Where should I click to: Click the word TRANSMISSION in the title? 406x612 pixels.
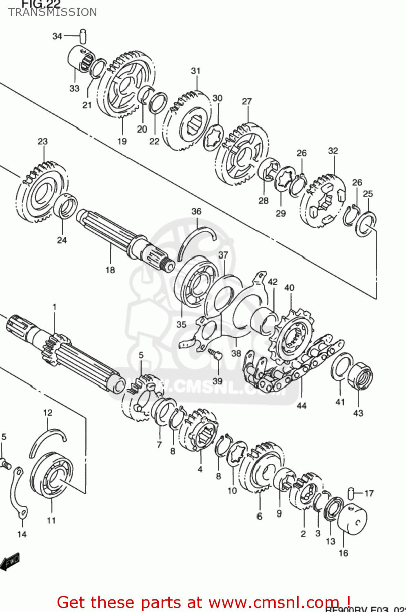53,12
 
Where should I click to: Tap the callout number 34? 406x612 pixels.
57,36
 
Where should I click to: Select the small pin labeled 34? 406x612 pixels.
84,35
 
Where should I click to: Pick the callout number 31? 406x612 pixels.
196,71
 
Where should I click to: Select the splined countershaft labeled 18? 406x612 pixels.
122,241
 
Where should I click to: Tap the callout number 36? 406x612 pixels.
196,211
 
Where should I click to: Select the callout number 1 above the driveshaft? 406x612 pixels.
54,307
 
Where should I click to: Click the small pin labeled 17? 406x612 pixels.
351,492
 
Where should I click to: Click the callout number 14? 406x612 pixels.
22,534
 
